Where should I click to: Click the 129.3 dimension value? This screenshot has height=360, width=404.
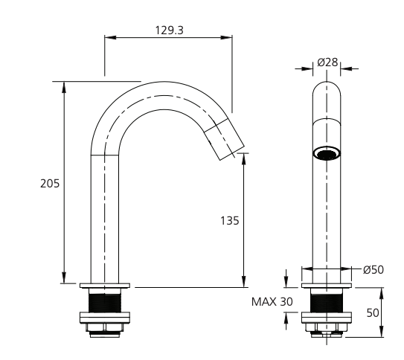(169, 30)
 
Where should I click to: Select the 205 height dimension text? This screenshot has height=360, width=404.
(50, 184)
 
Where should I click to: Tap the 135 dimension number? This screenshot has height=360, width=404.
(230, 221)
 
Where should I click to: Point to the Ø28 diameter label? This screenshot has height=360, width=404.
(327, 62)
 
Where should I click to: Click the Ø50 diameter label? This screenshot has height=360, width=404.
(373, 270)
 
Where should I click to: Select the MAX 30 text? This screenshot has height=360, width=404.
(272, 302)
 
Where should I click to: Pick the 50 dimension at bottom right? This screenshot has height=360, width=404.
(373, 313)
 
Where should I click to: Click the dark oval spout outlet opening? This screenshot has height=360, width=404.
(327, 154)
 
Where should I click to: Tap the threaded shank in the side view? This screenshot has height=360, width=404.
(105, 303)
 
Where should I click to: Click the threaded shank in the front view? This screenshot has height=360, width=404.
(327, 303)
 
